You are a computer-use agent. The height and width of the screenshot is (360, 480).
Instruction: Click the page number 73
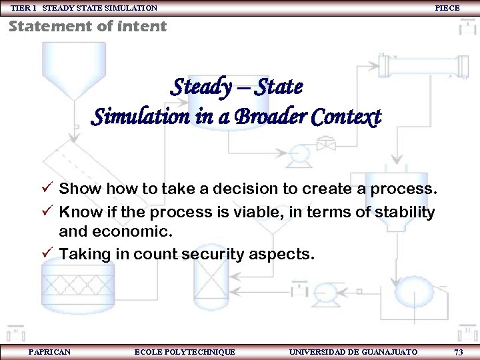[458, 351]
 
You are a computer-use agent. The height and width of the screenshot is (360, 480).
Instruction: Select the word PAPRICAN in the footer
[50, 351]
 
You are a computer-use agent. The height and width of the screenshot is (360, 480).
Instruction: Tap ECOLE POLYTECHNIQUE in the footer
[185, 351]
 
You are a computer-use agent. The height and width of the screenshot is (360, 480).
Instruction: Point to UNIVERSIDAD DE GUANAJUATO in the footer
[353, 351]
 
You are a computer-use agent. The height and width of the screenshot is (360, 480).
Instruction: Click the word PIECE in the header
[447, 8]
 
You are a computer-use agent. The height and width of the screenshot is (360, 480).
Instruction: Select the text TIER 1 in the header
[24, 8]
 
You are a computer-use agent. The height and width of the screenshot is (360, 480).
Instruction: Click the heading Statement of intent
[87, 27]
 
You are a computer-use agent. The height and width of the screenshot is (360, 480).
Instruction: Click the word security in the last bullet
[219, 254]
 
